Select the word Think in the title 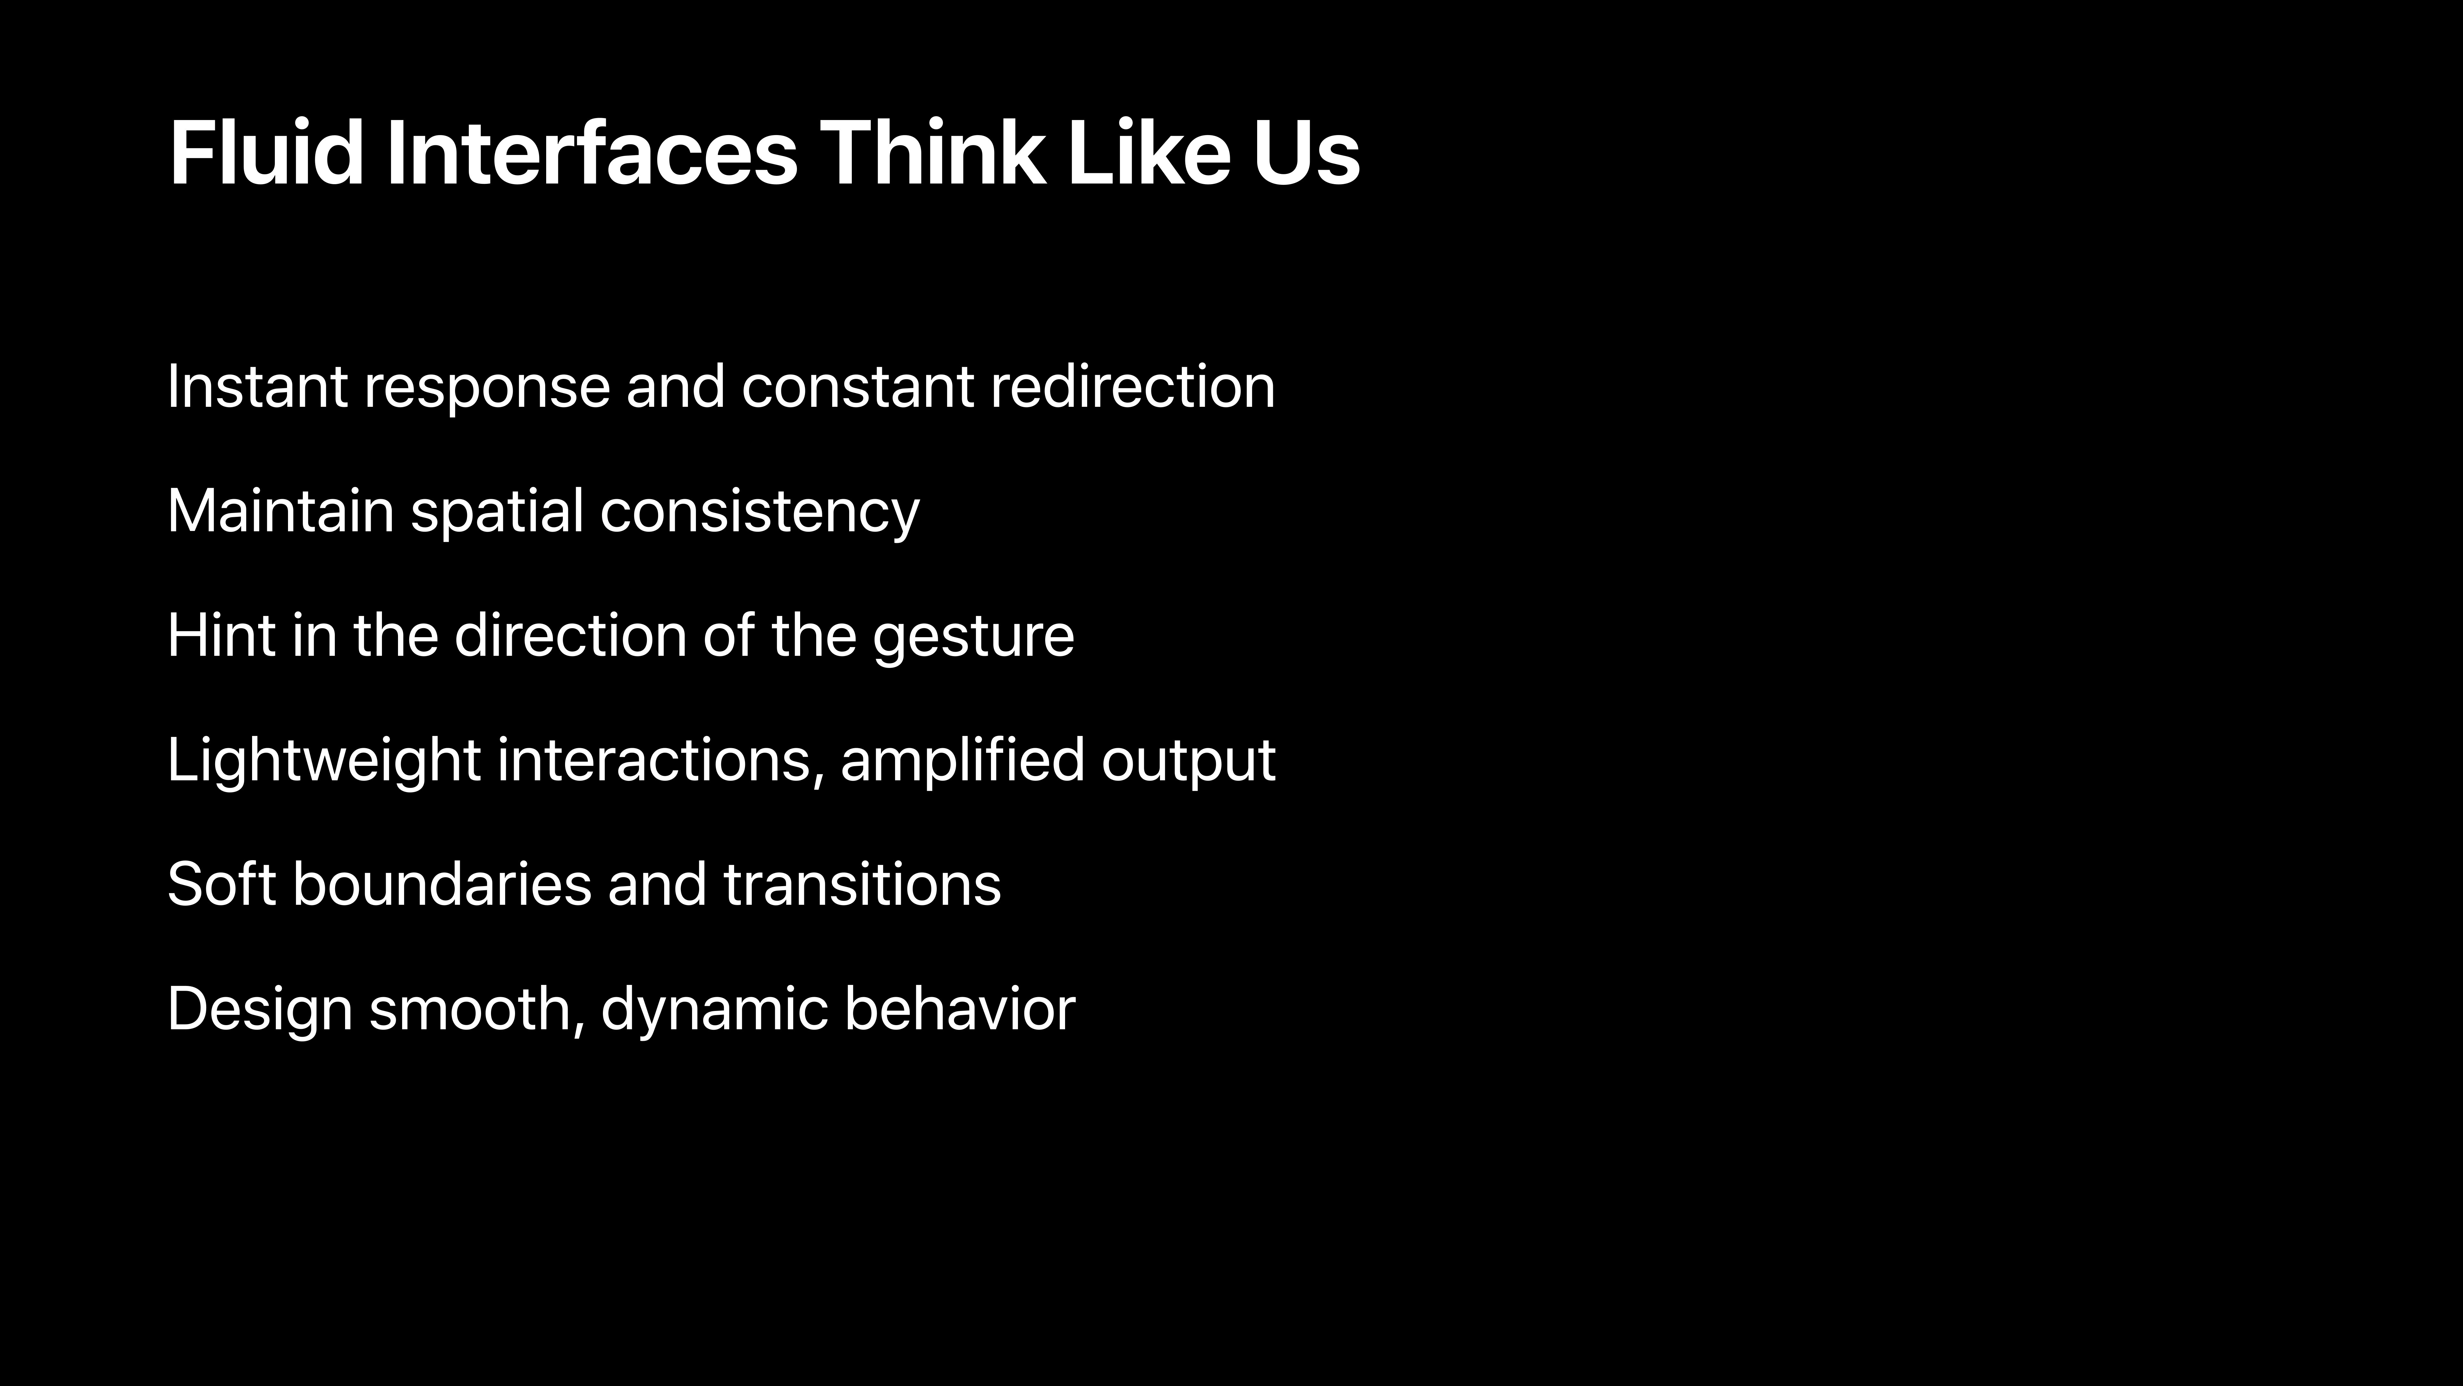(932, 153)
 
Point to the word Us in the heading (1306, 153)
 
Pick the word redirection (1133, 386)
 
